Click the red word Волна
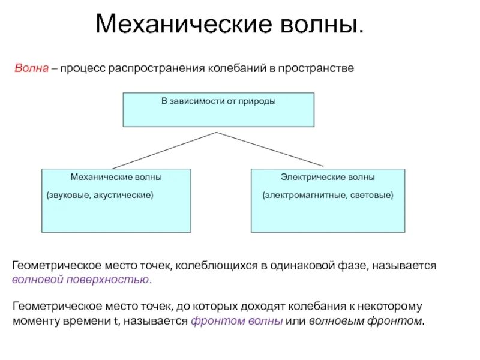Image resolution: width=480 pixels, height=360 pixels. [31, 69]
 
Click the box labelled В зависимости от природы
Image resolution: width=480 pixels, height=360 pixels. [218, 110]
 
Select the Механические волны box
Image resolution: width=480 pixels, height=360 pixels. [116, 200]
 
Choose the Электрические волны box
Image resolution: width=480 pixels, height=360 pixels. [328, 200]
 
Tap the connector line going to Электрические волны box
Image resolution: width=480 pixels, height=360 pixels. [270, 149]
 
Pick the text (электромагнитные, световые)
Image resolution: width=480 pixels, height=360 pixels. [328, 195]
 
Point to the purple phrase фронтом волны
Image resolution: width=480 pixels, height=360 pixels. [237, 320]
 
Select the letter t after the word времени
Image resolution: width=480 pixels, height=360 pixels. [116, 321]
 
